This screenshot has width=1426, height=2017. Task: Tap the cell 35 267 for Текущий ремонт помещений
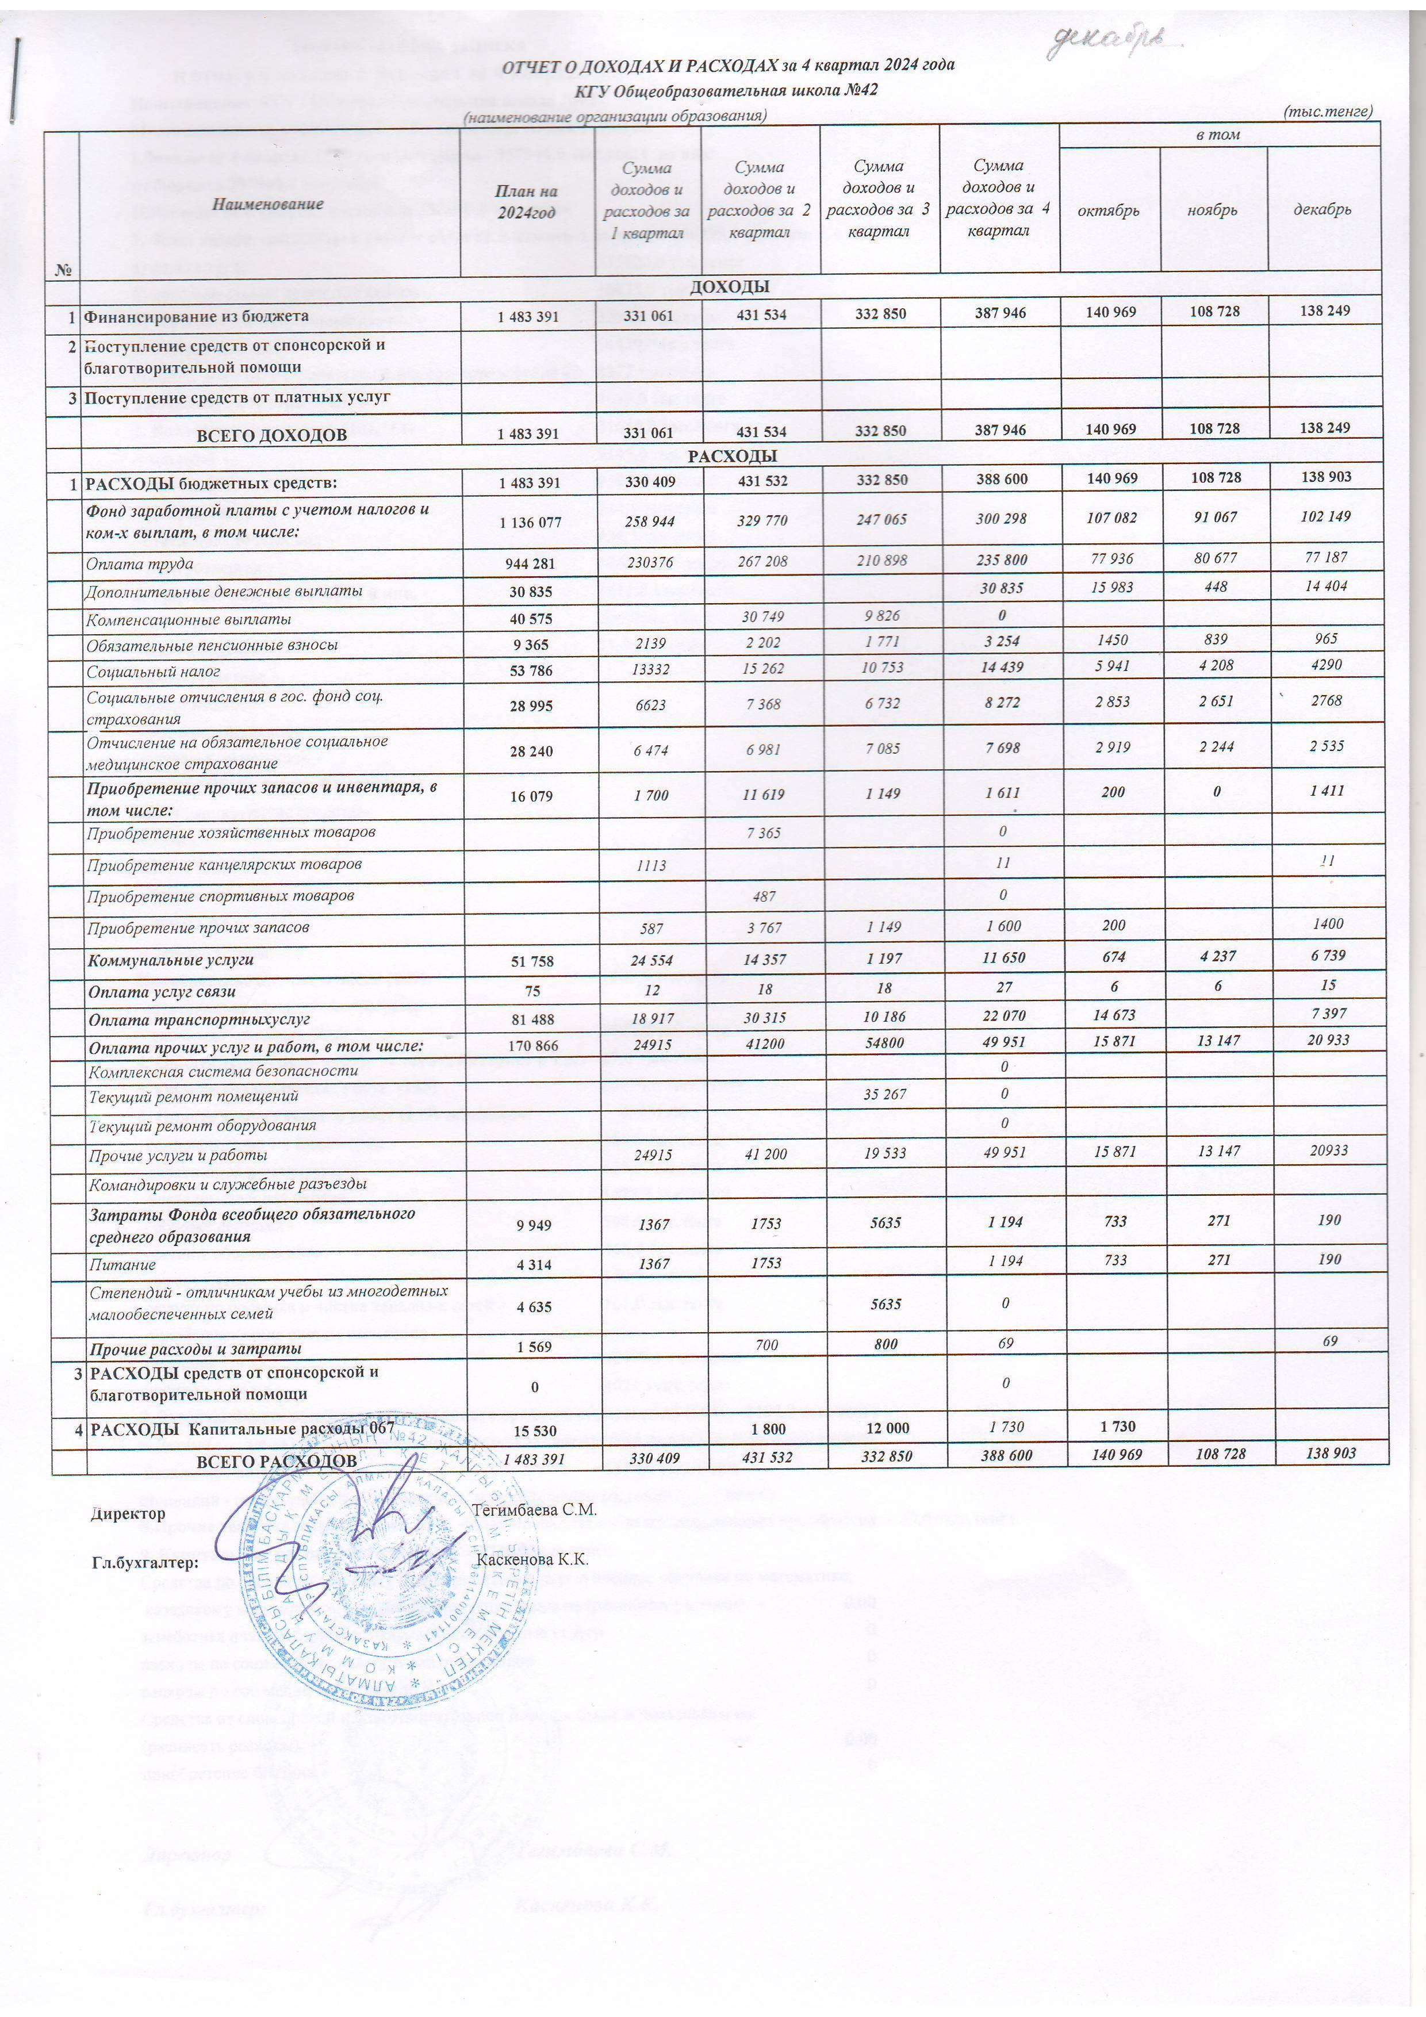(x=879, y=1095)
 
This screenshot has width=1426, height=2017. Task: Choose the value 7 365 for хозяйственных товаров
(x=762, y=832)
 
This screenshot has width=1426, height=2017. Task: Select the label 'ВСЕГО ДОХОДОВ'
(x=271, y=435)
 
